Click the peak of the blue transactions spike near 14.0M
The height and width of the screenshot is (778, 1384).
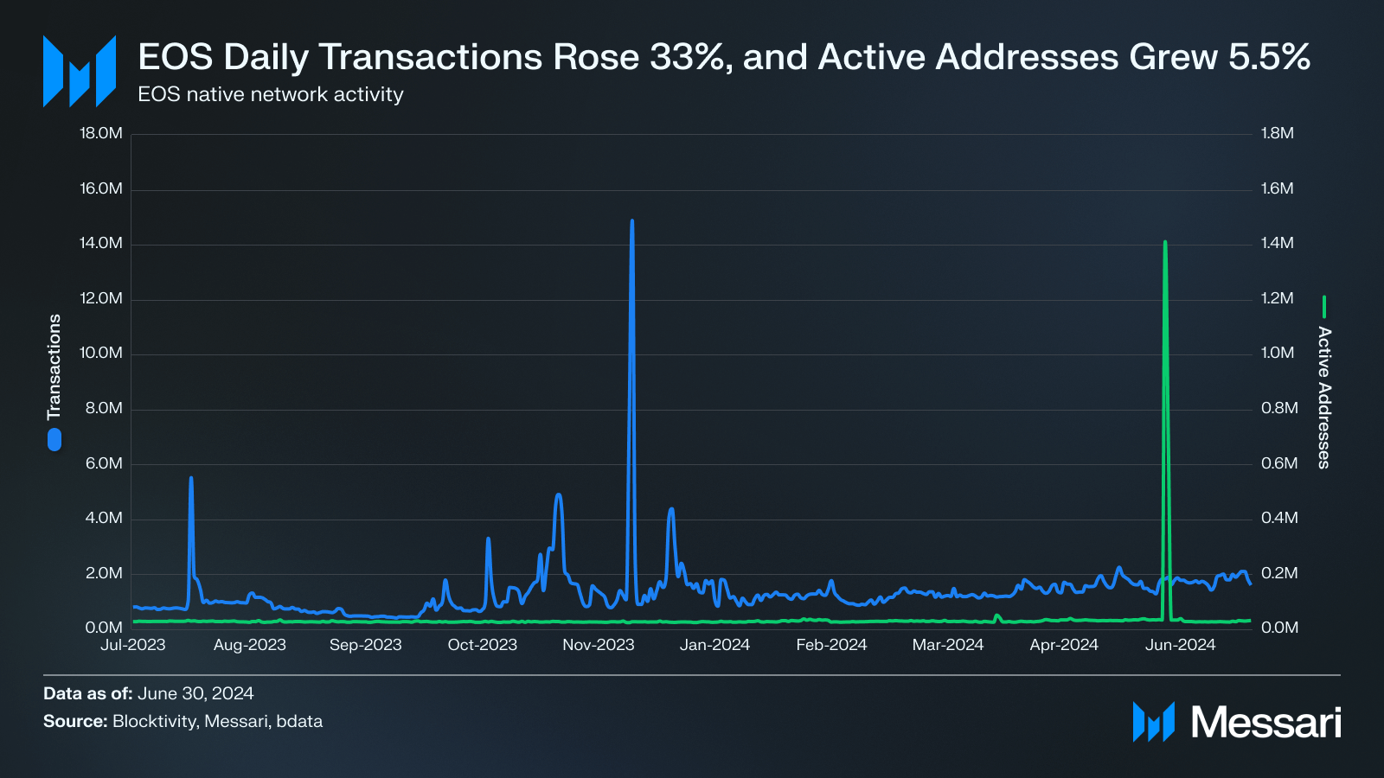click(631, 221)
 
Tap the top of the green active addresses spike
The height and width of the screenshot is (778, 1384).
click(1165, 243)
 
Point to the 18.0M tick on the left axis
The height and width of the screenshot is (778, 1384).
click(101, 133)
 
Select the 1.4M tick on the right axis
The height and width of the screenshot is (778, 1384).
click(1278, 243)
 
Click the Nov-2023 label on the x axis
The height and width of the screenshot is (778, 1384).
click(599, 645)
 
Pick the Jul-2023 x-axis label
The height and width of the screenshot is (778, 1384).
click(132, 645)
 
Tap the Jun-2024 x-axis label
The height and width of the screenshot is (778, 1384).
click(1180, 645)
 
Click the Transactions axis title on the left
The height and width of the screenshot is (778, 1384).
click(54, 367)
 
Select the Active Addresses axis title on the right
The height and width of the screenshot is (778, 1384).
click(1323, 398)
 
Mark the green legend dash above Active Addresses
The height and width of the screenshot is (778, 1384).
click(1323, 307)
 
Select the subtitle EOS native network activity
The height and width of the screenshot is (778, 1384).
click(271, 94)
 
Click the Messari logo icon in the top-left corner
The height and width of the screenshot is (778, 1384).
click(80, 72)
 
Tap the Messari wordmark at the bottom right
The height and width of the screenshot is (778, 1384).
click(1265, 722)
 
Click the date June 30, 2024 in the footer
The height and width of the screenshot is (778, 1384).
click(195, 693)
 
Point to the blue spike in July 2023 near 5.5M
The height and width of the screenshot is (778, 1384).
click(191, 479)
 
